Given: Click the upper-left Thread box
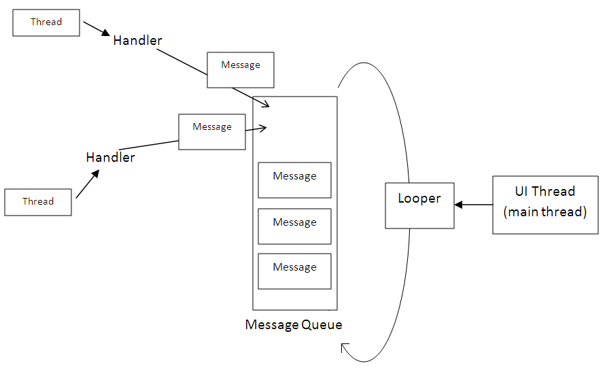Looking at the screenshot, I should click(46, 22).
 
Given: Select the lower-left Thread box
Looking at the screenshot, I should click(38, 202).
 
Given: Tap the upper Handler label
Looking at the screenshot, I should click(137, 41).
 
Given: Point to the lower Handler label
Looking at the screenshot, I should click(110, 158).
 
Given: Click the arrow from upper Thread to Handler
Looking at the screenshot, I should click(96, 28).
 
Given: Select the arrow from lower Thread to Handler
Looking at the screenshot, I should click(88, 184).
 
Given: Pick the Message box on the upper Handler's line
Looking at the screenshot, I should click(241, 69).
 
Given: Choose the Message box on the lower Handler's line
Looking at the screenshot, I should click(212, 131).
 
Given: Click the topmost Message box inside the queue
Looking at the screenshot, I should click(294, 180).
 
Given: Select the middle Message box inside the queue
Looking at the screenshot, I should click(294, 226).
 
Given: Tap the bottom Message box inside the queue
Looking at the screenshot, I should click(294, 271).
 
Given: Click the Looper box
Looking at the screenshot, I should click(419, 205).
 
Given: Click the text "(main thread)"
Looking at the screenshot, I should click(545, 212).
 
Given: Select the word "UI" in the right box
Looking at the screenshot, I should click(522, 192).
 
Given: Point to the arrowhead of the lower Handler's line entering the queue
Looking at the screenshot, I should click(262, 127).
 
